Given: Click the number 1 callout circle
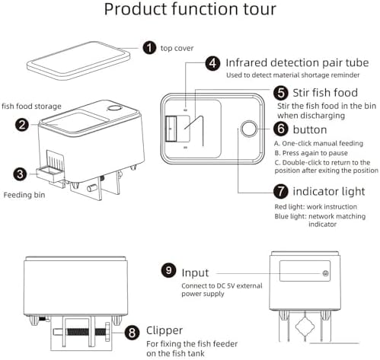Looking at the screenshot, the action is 149,48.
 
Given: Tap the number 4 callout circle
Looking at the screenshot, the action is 212,63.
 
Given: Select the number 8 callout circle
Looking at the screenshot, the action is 132,332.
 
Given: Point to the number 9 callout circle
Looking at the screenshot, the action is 168,270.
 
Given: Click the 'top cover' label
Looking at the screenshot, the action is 177,48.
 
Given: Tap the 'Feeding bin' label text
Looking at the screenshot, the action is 24,195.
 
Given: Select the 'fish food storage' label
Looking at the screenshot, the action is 31,107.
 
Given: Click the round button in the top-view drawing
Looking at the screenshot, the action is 249,129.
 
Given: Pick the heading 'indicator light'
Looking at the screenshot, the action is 329,191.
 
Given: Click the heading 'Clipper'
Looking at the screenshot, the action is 164,330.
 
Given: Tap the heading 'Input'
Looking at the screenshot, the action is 195,273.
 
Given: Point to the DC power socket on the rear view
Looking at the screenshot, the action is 325,273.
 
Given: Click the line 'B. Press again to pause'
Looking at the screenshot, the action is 311,153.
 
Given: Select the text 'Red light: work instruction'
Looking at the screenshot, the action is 316,207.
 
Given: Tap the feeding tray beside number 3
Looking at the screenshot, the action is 49,173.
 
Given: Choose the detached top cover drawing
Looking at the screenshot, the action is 78,60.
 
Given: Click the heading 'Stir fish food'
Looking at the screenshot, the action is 325,93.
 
